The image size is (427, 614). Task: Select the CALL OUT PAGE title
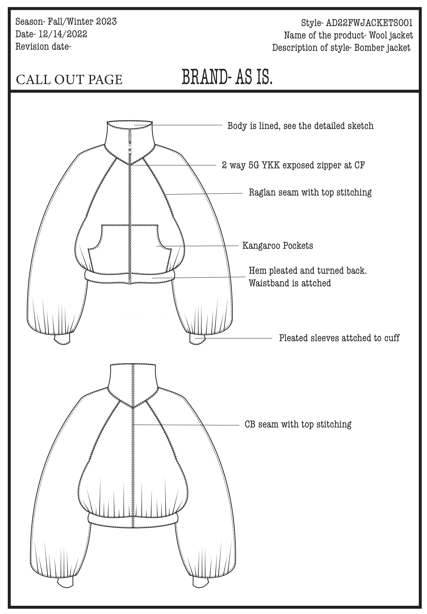pyautogui.click(x=69, y=80)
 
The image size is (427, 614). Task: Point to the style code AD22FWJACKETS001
pyautogui.click(x=369, y=23)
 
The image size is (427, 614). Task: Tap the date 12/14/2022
pyautogui.click(x=63, y=34)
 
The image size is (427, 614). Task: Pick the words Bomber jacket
pyautogui.click(x=382, y=48)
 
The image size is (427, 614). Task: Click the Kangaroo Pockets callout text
pyautogui.click(x=278, y=245)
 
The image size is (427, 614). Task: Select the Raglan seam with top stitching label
pyautogui.click(x=310, y=192)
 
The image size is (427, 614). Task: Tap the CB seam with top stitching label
pyautogui.click(x=298, y=424)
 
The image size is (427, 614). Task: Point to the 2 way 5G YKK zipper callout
pyautogui.click(x=293, y=165)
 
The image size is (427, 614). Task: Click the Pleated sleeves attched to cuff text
pyautogui.click(x=339, y=338)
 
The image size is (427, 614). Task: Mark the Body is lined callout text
pyautogui.click(x=300, y=126)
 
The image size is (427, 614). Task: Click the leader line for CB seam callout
pyautogui.click(x=187, y=425)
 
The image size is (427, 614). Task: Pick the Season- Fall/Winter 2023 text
pyautogui.click(x=66, y=21)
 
